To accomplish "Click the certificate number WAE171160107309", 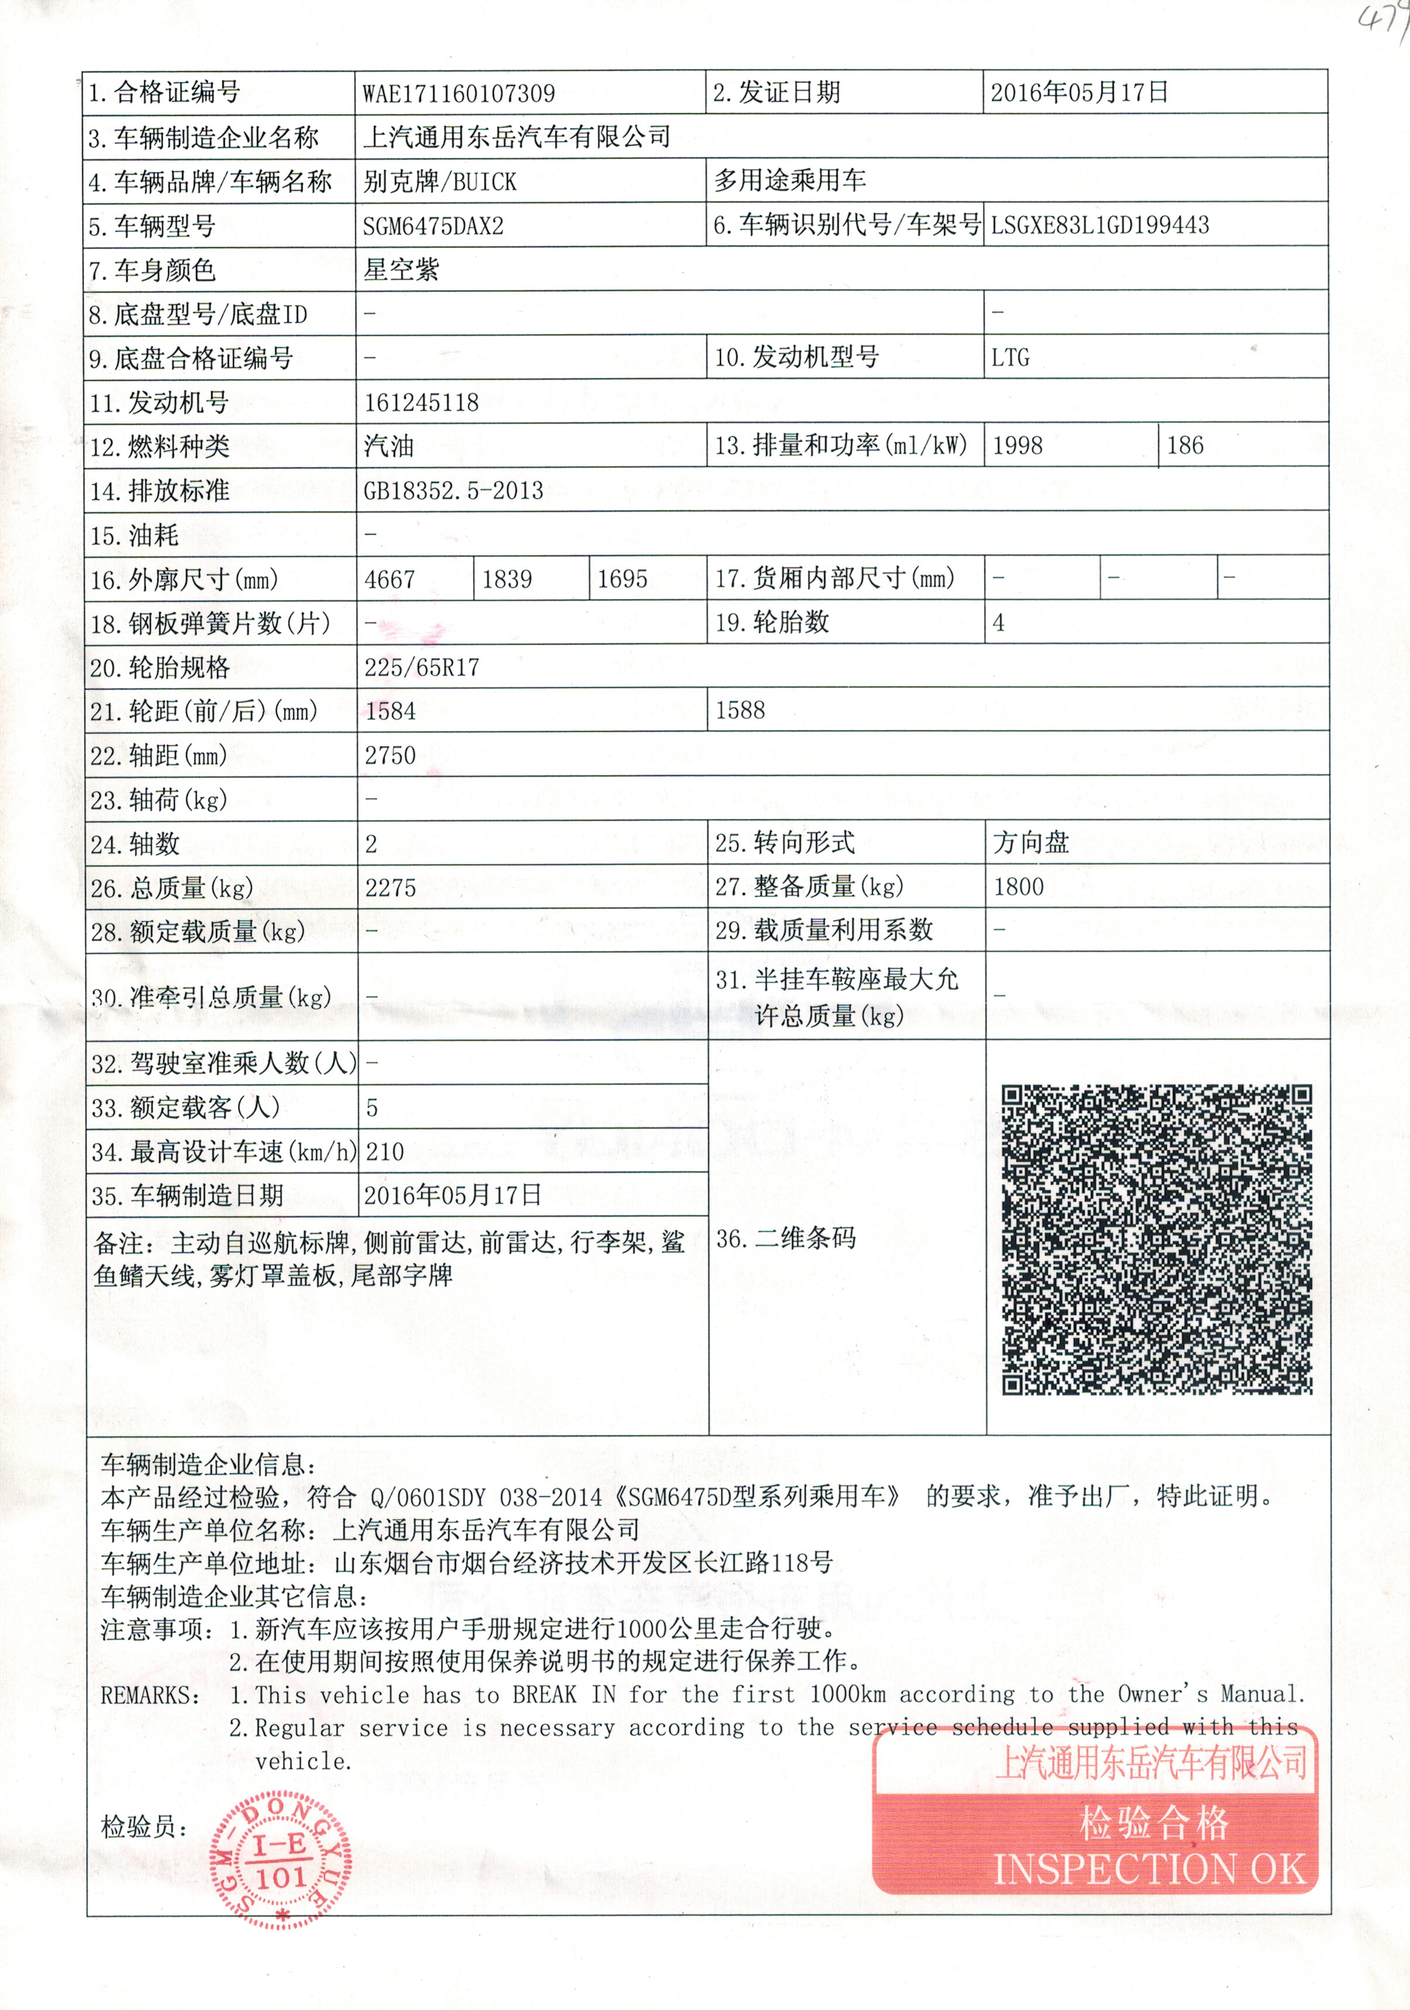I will [458, 93].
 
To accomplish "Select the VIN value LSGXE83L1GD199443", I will [1099, 225].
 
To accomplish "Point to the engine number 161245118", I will [421, 402].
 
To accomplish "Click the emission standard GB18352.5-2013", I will [453, 490].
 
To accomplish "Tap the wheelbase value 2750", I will [390, 755].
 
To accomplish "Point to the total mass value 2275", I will [390, 887].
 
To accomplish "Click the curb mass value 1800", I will [1018, 887].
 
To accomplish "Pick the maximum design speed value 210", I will [385, 1151].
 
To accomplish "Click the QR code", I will [1156, 1239].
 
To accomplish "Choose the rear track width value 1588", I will [740, 710].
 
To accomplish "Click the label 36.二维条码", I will [785, 1238].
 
